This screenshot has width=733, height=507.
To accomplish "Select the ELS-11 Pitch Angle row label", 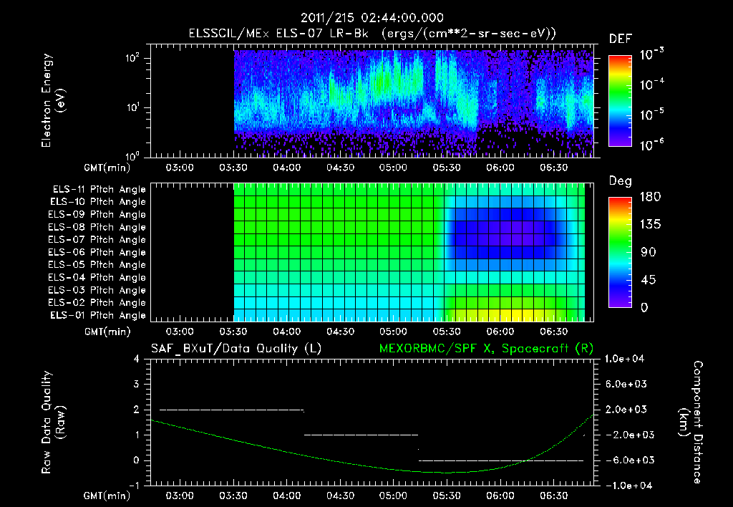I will click(99, 190).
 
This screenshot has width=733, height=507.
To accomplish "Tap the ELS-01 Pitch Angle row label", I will click(99, 316).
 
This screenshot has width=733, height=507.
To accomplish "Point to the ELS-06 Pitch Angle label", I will click(99, 253).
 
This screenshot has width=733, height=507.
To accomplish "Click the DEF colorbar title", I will click(620, 39).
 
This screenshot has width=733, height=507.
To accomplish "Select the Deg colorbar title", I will click(620, 181).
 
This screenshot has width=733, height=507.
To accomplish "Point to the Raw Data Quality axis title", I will click(54, 422).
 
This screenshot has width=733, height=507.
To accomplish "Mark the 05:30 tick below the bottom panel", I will click(447, 496).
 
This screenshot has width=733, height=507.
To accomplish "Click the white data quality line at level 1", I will click(361, 435).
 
